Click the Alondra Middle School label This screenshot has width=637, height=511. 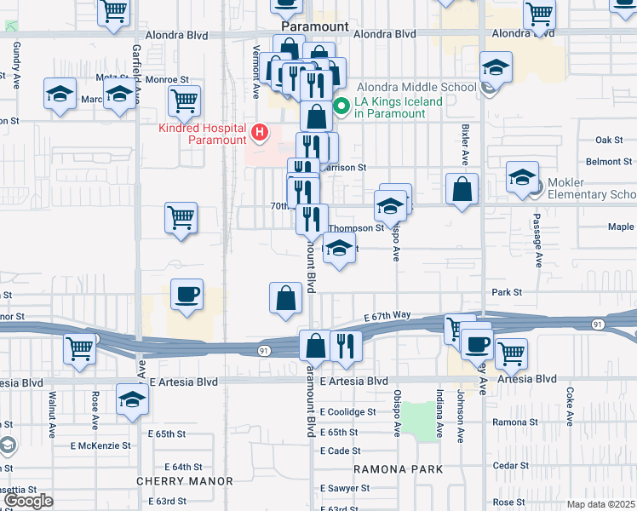pos(416,87)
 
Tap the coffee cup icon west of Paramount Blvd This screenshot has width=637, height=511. pos(187,295)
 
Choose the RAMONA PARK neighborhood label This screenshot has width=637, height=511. pos(399,469)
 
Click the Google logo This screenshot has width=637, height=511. pos(28,501)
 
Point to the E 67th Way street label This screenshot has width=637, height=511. pos(389,316)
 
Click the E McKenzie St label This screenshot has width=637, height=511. pos(100,445)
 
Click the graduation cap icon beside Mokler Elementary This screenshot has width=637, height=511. pos(523,177)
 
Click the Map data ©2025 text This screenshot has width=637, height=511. pos(601,504)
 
